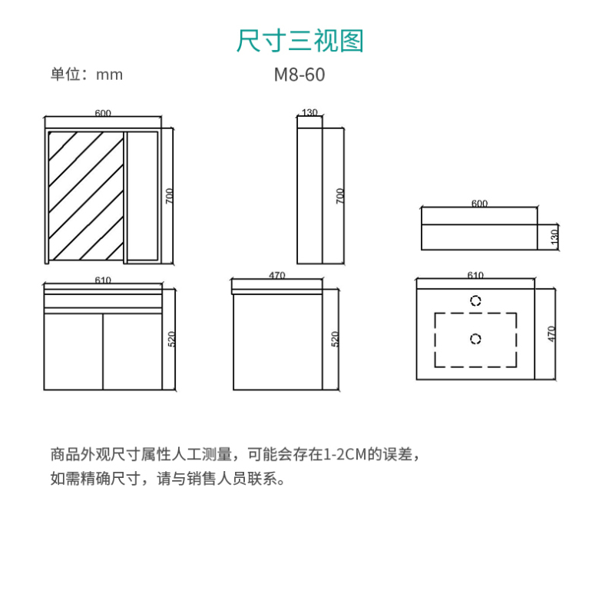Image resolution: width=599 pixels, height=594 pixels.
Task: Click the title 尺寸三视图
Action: click(299, 41)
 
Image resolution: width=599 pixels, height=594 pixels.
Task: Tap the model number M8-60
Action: click(299, 75)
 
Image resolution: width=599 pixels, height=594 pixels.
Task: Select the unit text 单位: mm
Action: click(87, 75)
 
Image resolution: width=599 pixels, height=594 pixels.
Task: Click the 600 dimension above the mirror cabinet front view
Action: click(103, 113)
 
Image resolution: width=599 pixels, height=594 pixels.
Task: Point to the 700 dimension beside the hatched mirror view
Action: click(169, 196)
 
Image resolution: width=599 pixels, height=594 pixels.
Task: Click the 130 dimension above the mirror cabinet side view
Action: click(309, 112)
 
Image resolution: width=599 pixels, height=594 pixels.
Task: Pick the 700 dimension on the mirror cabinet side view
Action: click(339, 196)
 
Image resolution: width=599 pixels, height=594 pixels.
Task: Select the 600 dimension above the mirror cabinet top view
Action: click(479, 204)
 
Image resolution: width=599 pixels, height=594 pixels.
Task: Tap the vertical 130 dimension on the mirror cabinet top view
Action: click(554, 237)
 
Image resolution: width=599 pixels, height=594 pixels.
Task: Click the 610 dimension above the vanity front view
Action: click(103, 280)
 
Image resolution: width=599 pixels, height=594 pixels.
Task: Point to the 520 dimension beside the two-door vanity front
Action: click(171, 339)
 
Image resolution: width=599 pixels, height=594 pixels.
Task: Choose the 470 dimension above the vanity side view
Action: click(277, 275)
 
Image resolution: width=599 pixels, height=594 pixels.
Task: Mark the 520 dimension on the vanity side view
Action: click(335, 339)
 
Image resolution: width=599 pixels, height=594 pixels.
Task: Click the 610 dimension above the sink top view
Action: click(475, 275)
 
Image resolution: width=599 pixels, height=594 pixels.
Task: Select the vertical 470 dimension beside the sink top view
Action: click(551, 334)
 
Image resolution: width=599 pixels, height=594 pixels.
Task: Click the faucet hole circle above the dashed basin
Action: click(475, 300)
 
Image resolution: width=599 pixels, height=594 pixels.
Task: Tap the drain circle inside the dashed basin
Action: click(475, 339)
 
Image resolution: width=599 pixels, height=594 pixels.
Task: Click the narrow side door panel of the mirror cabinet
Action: click(143, 197)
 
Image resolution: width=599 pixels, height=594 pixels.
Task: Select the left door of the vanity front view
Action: click(74, 352)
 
